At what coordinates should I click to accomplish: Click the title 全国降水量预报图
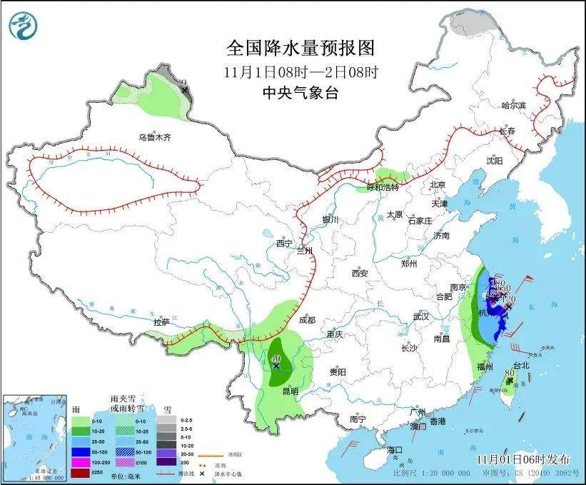[300, 48]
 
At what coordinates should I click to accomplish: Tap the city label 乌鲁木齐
[155, 136]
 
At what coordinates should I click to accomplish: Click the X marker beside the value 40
[276, 366]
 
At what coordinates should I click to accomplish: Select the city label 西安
[360, 273]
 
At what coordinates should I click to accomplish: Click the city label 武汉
[421, 316]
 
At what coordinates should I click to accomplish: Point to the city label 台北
[521, 365]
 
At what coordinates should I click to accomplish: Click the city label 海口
[395, 450]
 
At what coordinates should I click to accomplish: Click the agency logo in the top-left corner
[23, 26]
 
